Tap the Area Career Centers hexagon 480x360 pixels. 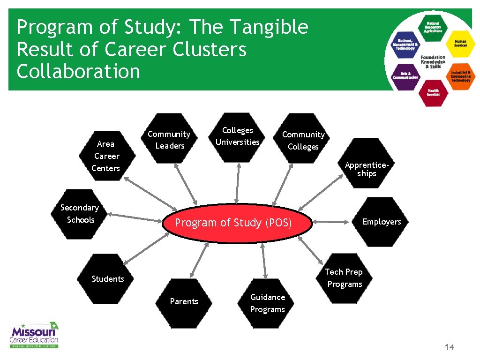(106, 156)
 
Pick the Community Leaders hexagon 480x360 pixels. (169, 139)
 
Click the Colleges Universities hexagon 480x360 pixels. (238, 137)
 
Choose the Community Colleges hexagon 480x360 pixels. (303, 140)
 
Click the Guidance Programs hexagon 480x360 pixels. (267, 303)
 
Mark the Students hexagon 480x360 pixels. (107, 279)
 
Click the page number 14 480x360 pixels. (449, 347)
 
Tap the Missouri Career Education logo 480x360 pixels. (35, 335)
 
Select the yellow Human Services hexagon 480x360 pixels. (460, 43)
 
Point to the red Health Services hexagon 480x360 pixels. (433, 92)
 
